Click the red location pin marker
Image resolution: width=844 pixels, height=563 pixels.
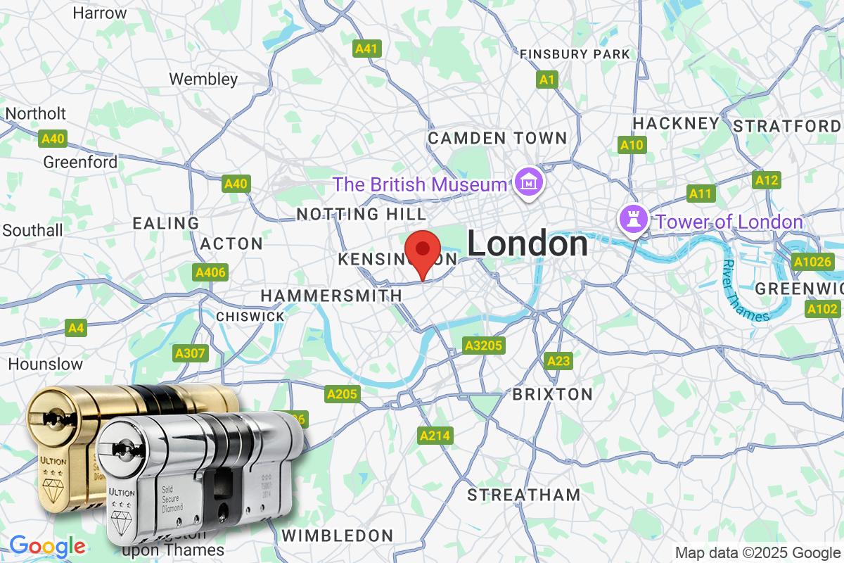coord(422,254)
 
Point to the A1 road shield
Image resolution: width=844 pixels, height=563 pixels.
coord(546,80)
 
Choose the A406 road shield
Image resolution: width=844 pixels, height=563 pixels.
coord(210,272)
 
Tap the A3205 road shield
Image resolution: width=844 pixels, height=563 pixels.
coord(484,345)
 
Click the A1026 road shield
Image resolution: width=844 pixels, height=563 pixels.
coord(812,262)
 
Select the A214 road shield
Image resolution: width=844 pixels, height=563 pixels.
coord(434,436)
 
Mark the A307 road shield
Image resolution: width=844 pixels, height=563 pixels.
coord(190,353)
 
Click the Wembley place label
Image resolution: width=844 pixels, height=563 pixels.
coord(203,79)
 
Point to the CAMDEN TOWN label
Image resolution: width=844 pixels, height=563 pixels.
coord(497,137)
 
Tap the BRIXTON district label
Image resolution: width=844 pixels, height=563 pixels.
coord(552,393)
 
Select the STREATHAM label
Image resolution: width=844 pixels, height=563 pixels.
coord(524,494)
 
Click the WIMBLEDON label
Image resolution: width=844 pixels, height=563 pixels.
coord(338,535)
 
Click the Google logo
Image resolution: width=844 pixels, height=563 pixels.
coord(47,546)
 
